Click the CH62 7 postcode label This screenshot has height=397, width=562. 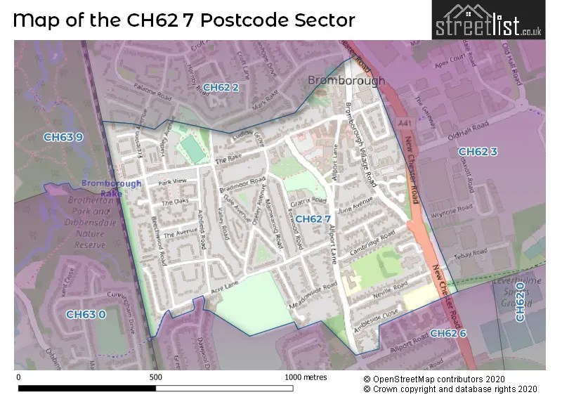click(x=313, y=219)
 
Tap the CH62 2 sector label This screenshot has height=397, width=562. click(x=221, y=87)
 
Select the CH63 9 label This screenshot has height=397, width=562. click(x=63, y=137)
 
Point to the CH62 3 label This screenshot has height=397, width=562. click(x=478, y=152)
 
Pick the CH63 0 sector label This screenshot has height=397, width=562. click(x=86, y=314)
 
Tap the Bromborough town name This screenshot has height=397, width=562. click(x=346, y=81)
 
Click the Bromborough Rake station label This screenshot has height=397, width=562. click(x=111, y=188)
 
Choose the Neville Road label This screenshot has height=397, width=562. click(x=390, y=288)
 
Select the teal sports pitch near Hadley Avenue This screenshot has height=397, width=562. click(x=190, y=148)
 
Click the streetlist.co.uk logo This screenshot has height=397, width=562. click(x=488, y=20)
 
